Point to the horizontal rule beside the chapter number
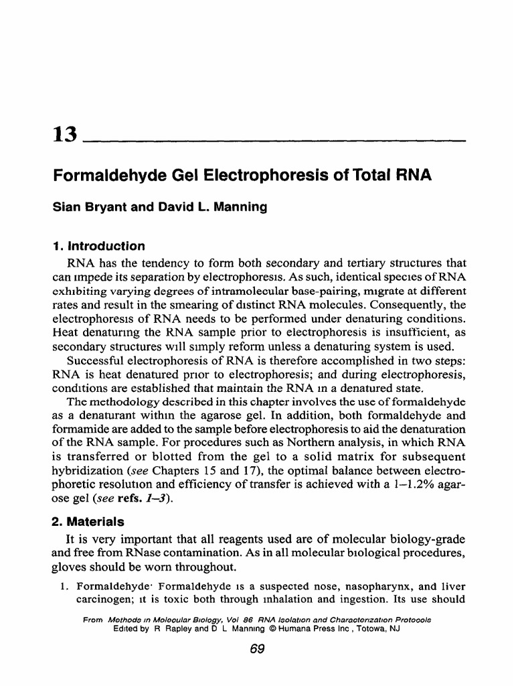click(x=274, y=141)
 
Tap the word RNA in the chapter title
click(x=414, y=176)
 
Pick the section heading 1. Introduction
click(x=98, y=246)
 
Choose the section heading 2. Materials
click(x=88, y=521)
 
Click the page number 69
click(x=256, y=648)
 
